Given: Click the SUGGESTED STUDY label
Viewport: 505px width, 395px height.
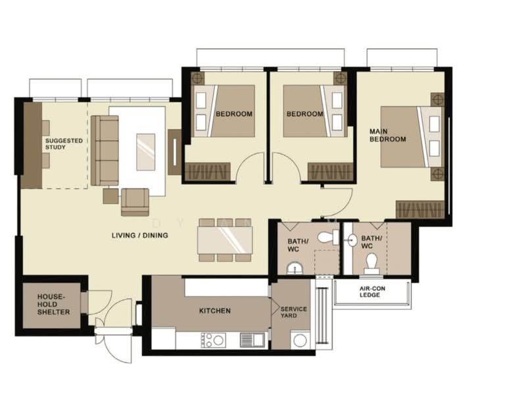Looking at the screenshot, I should [64, 144].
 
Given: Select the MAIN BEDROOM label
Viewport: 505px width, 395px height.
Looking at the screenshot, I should [387, 135].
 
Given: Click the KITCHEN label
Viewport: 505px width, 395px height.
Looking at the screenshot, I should [215, 311].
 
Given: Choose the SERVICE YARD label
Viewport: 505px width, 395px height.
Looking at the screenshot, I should [289, 312].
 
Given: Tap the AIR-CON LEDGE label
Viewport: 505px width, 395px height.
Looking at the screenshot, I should [373, 292].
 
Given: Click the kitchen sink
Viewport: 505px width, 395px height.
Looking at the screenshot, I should [252, 340].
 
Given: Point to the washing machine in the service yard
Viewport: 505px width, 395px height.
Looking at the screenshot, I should [299, 340].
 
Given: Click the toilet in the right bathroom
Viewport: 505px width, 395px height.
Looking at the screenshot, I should [372, 263].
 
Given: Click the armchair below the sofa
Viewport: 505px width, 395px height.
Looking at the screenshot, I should [135, 201].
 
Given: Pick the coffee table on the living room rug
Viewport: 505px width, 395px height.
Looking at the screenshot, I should [145, 152].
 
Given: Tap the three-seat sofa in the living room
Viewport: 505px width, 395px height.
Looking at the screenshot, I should [105, 150].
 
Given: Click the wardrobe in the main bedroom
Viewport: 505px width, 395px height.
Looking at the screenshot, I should [420, 210].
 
